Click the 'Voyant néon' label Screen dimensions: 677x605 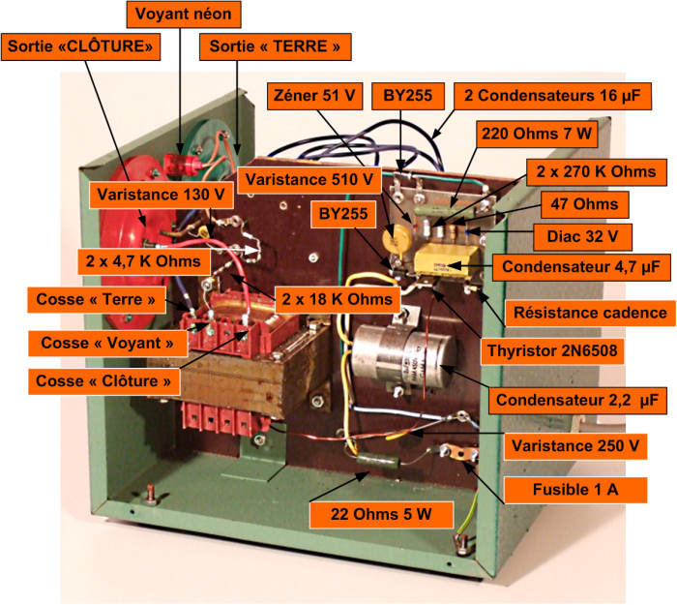click(x=184, y=14)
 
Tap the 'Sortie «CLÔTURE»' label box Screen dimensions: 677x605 click(x=80, y=46)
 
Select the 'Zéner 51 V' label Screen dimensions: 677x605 click(x=314, y=96)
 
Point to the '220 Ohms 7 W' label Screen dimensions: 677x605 click(x=537, y=134)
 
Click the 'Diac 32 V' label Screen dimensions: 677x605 click(x=582, y=237)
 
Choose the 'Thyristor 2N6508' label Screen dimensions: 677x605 click(x=552, y=350)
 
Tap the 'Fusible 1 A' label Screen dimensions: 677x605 click(x=575, y=490)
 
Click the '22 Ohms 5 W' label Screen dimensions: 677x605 click(x=381, y=514)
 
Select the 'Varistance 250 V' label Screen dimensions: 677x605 click(x=575, y=445)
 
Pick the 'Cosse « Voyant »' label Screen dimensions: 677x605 click(x=107, y=343)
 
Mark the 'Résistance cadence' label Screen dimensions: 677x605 click(x=590, y=313)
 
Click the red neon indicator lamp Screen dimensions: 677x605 click(x=183, y=166)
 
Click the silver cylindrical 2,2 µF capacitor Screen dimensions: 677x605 click(x=403, y=355)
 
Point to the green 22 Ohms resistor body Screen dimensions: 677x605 click(x=378, y=461)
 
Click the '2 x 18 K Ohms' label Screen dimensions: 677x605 click(x=338, y=299)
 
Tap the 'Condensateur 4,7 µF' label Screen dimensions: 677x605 click(x=581, y=267)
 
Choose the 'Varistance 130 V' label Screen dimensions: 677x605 click(x=162, y=195)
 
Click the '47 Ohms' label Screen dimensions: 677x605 click(x=584, y=204)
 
